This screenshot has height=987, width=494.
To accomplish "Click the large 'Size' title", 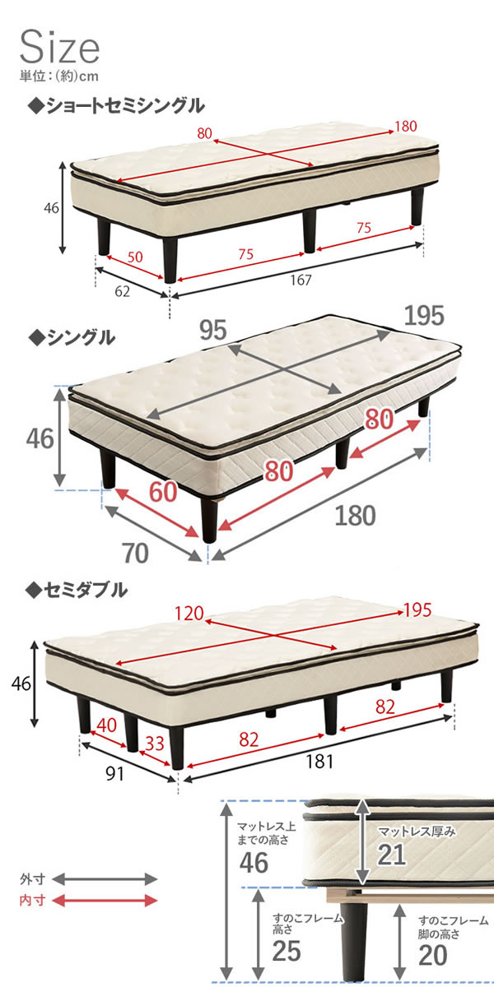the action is pos(59,47).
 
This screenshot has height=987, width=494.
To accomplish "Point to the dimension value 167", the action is pos(301,280).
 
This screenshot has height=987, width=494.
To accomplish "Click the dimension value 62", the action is pos(122,291).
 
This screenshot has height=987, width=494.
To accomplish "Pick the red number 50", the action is pos(135,257).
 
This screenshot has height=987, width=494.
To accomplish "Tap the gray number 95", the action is pos(213,330).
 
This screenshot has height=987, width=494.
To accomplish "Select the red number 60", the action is pos(163,491).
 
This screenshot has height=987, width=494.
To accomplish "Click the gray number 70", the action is pos(135,554).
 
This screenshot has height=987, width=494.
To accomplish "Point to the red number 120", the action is pos(189,614).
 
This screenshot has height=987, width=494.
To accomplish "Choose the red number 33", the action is pos(155,744).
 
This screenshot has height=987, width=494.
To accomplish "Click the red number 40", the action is pos(106,725).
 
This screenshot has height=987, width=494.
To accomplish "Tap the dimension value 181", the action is pos(319,761).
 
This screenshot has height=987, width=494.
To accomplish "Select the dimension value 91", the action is pos(114,773).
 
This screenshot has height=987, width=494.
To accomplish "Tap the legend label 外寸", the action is pos(32,879).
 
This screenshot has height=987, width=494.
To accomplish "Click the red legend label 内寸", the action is pos(32,900).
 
